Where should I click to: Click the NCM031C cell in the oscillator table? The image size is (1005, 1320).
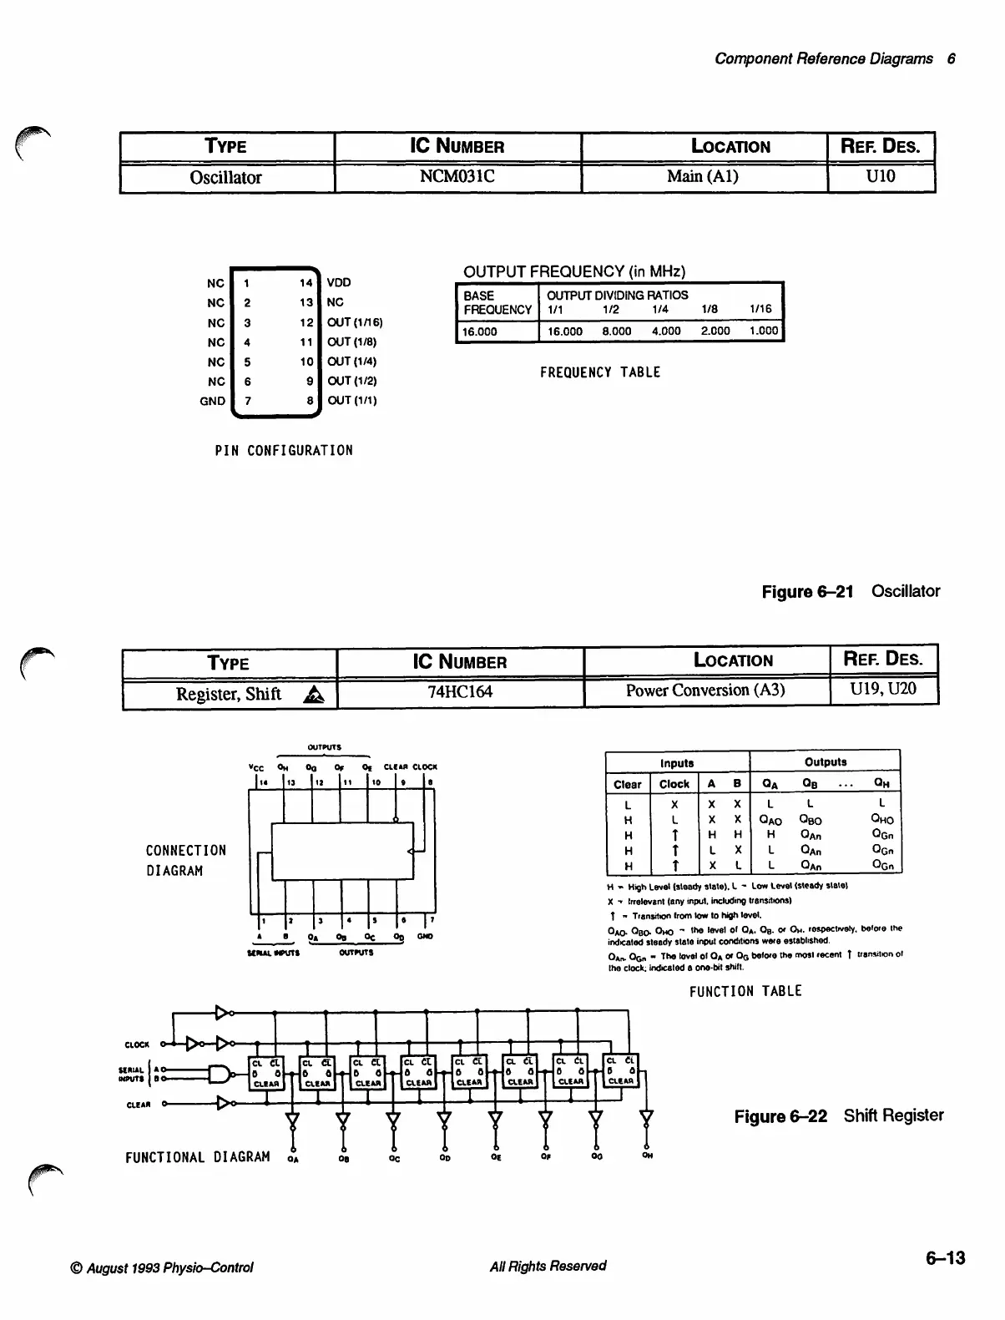point(457,178)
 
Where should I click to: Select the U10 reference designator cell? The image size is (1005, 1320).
point(881,177)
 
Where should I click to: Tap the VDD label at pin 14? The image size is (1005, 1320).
point(339,283)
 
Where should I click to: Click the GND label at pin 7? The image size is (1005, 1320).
point(212,401)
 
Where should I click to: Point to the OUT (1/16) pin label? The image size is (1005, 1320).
point(355,322)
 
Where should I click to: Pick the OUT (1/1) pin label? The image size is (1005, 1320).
point(352,401)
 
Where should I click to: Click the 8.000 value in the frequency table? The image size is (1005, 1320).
point(616,331)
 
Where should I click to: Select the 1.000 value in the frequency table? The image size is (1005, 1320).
point(764,331)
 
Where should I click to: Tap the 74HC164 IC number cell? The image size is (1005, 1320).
point(460,692)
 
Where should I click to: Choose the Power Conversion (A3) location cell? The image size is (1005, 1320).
point(705,690)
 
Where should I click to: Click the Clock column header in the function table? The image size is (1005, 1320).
point(674,785)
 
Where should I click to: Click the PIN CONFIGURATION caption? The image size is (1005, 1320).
point(284,451)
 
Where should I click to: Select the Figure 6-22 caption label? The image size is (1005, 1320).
point(780,1116)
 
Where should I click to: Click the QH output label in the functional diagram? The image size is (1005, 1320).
point(647,1156)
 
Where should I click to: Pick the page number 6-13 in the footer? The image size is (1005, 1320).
point(945,1258)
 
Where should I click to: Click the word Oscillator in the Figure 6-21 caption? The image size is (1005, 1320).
point(906,592)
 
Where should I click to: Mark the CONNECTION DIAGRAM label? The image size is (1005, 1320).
point(186,861)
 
